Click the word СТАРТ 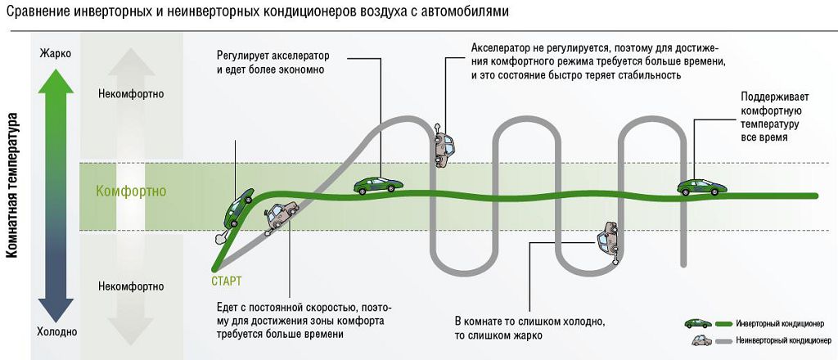point(226,281)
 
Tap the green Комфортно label point(131,191)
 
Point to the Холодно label point(56,331)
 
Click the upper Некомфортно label point(130,94)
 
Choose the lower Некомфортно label point(130,286)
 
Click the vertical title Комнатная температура point(12,187)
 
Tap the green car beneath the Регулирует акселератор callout point(377,186)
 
